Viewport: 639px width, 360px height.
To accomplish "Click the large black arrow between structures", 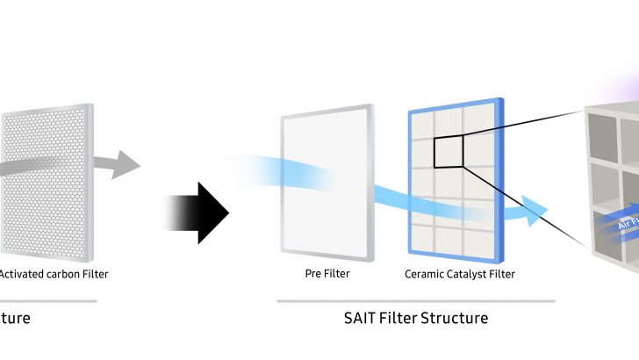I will click(x=200, y=212).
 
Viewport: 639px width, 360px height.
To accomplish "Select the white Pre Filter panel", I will click(x=325, y=184).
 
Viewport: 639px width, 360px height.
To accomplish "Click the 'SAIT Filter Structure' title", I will click(x=416, y=316).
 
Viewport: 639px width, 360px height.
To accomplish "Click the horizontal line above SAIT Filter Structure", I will click(x=416, y=300).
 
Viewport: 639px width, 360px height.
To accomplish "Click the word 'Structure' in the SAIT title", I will click(x=450, y=316).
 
